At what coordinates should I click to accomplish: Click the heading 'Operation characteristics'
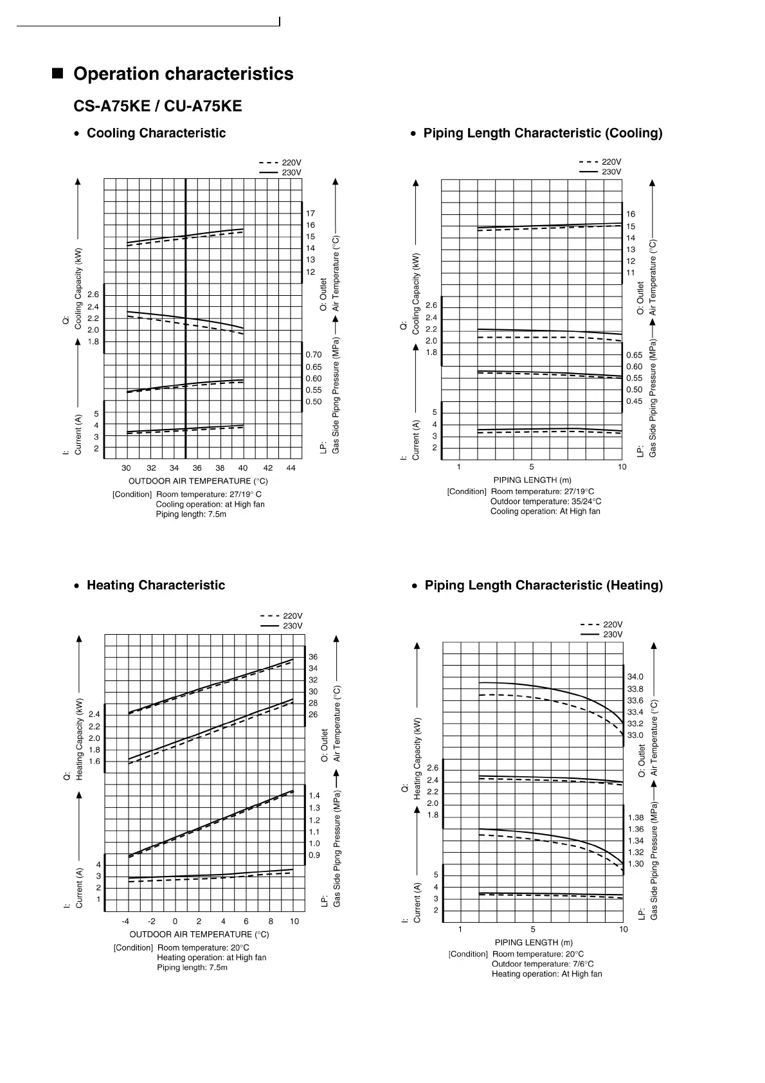[x=183, y=74]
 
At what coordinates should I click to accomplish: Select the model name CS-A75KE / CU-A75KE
[x=157, y=105]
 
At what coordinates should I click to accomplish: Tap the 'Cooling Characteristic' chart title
[x=156, y=133]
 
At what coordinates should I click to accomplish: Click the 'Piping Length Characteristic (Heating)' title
[x=543, y=585]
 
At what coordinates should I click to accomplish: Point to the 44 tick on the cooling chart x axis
[x=291, y=468]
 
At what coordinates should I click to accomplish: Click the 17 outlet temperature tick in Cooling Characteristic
[x=310, y=214]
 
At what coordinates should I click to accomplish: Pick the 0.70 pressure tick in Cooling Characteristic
[x=314, y=355]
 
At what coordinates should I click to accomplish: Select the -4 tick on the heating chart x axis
[x=126, y=922]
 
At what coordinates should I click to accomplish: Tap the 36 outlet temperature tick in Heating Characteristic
[x=313, y=657]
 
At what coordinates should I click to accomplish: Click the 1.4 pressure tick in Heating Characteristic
[x=314, y=796]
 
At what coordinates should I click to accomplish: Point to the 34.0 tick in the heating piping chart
[x=635, y=677]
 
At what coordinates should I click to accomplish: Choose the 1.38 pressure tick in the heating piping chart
[x=635, y=818]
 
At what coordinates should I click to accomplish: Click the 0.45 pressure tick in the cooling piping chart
[x=634, y=401]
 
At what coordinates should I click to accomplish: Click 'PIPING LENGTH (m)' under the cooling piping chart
[x=532, y=480]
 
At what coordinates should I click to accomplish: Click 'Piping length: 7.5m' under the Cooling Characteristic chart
[x=191, y=514]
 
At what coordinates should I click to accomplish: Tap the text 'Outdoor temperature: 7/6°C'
[x=543, y=964]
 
